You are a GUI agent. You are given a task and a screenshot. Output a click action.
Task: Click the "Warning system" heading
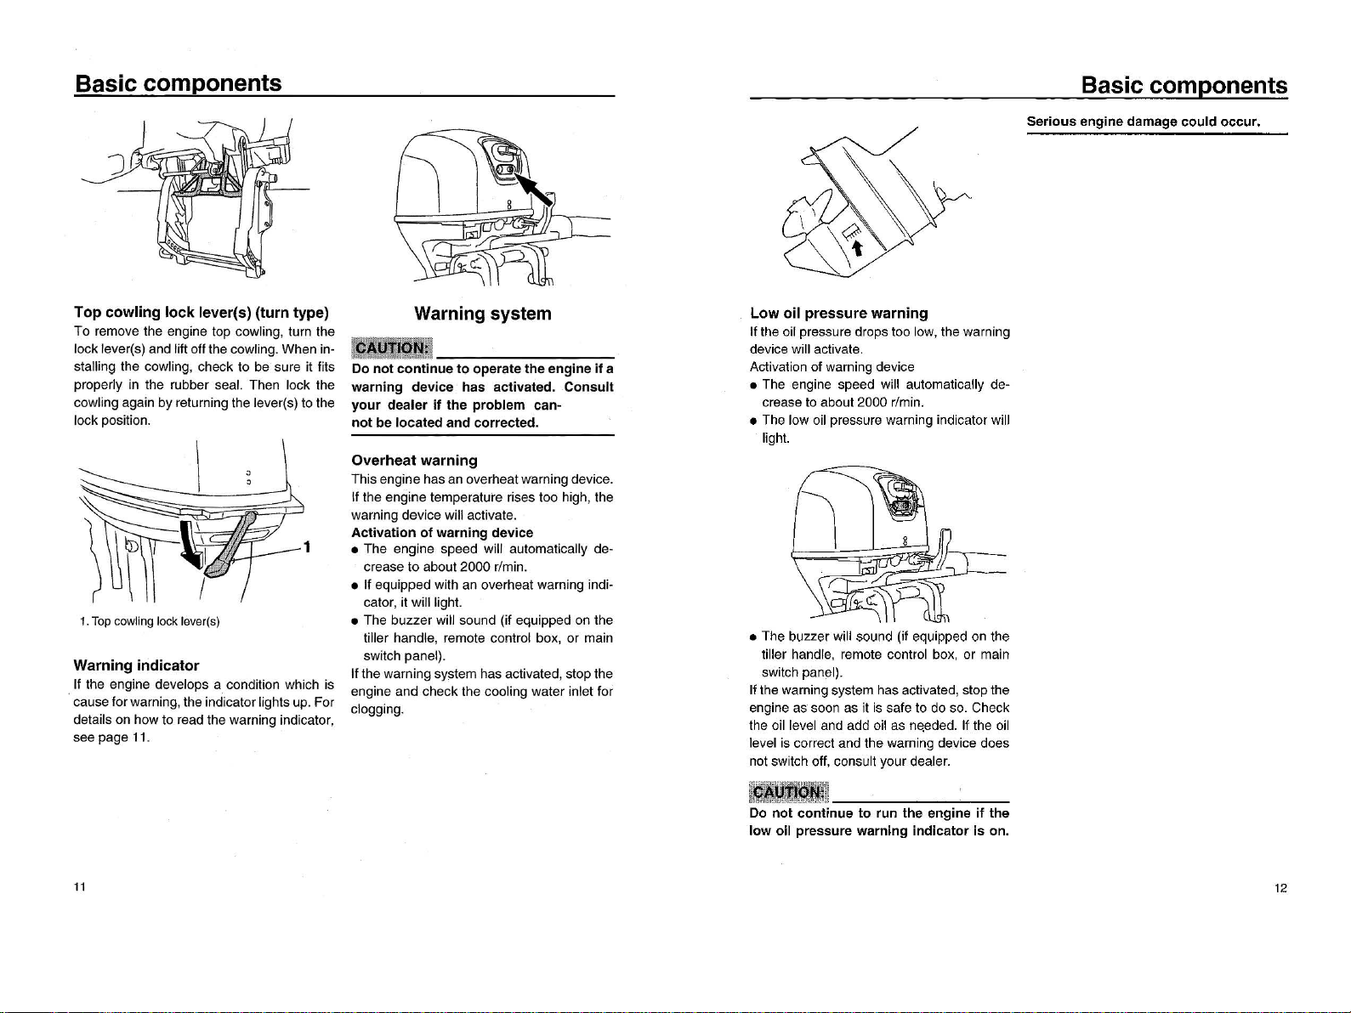[482, 314]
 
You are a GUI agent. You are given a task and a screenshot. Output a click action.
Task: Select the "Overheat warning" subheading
[414, 460]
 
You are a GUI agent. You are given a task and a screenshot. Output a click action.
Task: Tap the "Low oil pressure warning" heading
[838, 313]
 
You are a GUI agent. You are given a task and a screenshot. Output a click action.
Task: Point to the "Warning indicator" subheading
[136, 665]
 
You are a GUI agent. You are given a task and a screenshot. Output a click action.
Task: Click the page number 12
[1280, 889]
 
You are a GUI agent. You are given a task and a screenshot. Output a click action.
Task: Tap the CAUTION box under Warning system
[393, 349]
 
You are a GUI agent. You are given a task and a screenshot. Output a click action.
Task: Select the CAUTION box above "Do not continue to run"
[787, 792]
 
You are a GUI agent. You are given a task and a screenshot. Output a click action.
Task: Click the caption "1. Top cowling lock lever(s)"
[148, 621]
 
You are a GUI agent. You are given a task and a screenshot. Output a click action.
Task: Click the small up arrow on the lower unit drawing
[858, 246]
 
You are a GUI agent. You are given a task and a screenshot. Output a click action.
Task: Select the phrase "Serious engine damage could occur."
[1143, 122]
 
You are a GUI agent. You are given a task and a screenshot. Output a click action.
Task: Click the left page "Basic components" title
[179, 83]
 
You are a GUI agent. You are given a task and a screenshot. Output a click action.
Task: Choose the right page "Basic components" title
[1184, 86]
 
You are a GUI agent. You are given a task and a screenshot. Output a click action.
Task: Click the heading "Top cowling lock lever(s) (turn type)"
[202, 312]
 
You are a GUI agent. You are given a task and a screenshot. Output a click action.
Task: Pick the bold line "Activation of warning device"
[442, 532]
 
